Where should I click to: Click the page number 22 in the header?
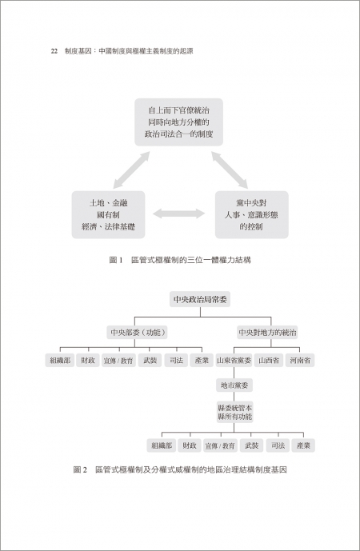(x=54, y=51)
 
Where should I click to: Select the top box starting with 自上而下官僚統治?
(x=178, y=122)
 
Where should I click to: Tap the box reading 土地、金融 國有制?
(x=108, y=214)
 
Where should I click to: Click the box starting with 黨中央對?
(x=252, y=214)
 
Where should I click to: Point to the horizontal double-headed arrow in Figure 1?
(x=179, y=214)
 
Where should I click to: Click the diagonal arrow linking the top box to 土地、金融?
(x=131, y=170)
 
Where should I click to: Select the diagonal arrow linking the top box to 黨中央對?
(x=230, y=170)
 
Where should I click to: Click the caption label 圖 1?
(x=116, y=260)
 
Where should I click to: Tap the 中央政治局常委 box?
(x=200, y=299)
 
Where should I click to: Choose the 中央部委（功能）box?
(x=137, y=332)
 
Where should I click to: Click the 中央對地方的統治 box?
(x=267, y=332)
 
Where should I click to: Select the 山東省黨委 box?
(x=234, y=360)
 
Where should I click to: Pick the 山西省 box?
(x=269, y=360)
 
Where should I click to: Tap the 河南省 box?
(x=300, y=360)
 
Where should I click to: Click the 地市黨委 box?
(x=234, y=385)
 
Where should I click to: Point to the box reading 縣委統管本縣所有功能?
(x=234, y=412)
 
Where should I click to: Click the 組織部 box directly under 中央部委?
(x=60, y=360)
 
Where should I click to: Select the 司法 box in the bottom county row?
(x=278, y=445)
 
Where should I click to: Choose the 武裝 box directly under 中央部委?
(x=150, y=360)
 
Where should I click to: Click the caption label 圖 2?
(x=80, y=469)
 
